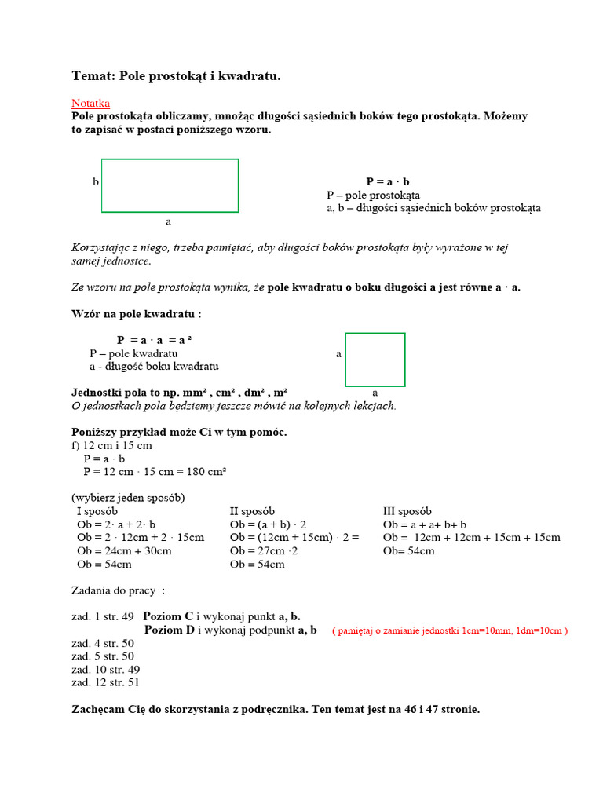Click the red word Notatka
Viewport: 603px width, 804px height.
click(91, 103)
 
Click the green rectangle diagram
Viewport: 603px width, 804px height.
click(170, 185)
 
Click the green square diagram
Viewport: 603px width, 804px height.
click(375, 360)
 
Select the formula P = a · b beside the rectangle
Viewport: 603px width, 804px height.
click(388, 181)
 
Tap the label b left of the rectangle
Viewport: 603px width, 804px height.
click(96, 181)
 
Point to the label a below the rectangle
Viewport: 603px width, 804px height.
click(168, 221)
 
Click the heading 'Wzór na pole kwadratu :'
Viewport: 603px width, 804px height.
click(137, 314)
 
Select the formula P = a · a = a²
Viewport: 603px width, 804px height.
click(155, 340)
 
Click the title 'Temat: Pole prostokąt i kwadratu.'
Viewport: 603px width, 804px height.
click(176, 75)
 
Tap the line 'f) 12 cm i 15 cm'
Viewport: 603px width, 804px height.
click(111, 445)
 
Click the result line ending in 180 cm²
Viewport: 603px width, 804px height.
click(155, 471)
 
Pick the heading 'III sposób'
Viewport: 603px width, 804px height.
click(407, 511)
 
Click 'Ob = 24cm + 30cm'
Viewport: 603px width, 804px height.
click(124, 550)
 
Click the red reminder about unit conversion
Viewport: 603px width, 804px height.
click(449, 630)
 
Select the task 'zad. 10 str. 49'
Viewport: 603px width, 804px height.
click(105, 669)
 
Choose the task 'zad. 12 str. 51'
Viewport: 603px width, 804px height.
click(105, 682)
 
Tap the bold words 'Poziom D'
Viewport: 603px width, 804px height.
click(169, 630)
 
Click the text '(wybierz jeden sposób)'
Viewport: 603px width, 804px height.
click(128, 498)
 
